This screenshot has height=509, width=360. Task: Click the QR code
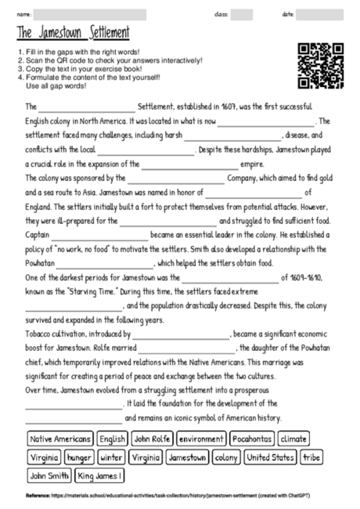click(x=321, y=67)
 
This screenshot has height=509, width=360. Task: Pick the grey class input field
click(x=242, y=14)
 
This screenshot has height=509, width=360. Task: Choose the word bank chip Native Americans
click(x=60, y=439)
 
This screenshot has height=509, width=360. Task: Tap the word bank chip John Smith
click(x=49, y=475)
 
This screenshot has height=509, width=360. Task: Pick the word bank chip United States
click(x=270, y=457)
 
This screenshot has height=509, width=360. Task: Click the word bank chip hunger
click(x=80, y=457)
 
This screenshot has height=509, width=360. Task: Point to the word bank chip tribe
click(x=311, y=457)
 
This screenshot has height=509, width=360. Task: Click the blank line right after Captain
click(x=101, y=235)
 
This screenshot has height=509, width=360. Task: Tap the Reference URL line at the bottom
click(x=180, y=496)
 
